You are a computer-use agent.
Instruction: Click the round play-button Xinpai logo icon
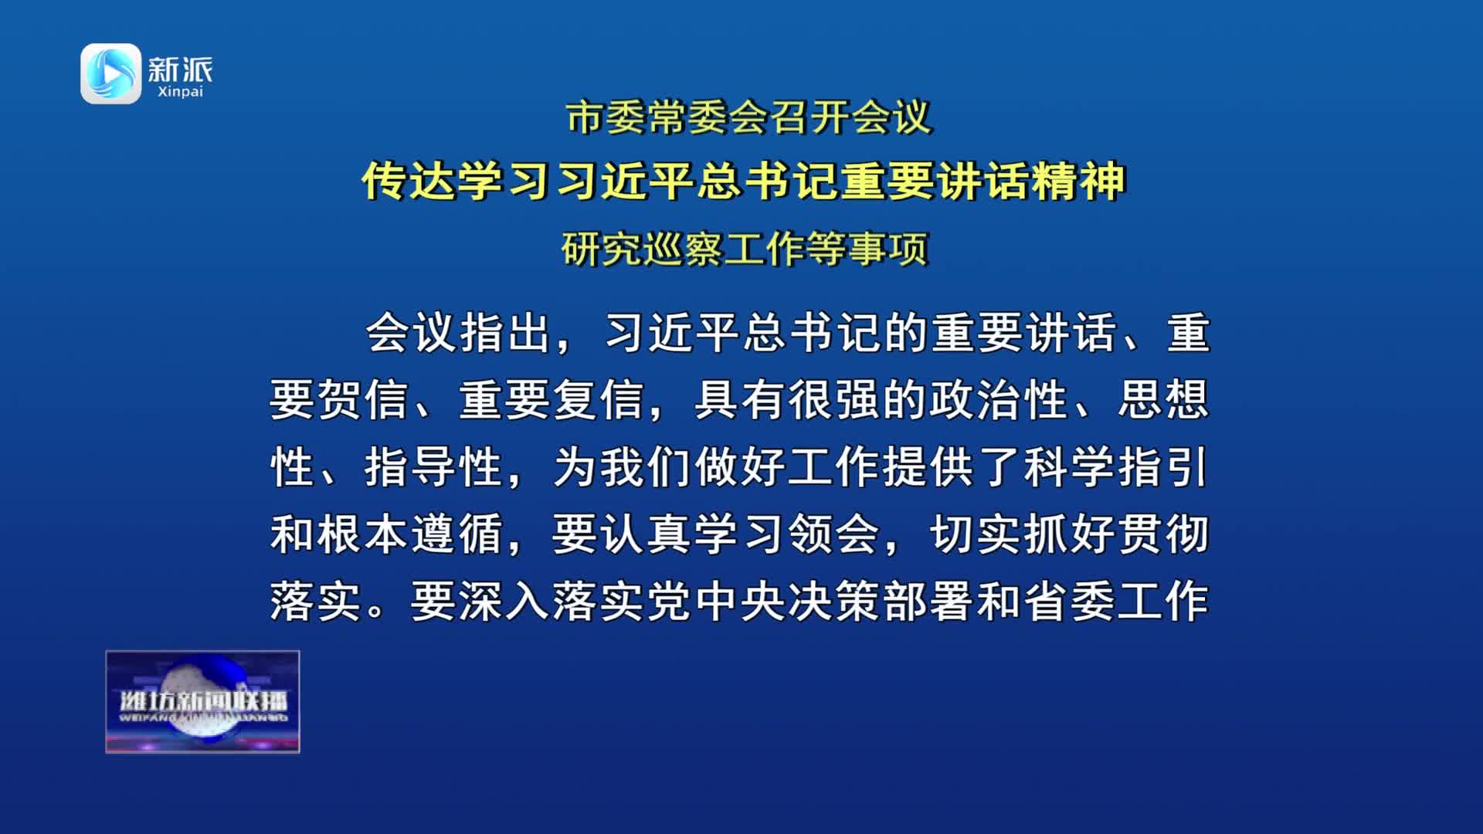pos(111,73)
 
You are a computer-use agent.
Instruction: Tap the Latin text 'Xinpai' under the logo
pos(180,92)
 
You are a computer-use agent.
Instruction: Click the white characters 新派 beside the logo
pos(180,69)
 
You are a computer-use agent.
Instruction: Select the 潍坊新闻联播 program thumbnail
pos(202,701)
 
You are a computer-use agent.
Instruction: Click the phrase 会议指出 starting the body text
pos(458,333)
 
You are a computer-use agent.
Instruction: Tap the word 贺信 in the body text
pos(364,400)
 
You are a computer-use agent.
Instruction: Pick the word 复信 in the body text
pos(600,400)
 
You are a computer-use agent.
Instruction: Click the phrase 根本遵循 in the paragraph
pos(411,534)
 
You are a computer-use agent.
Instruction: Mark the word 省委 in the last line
pos(1070,602)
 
